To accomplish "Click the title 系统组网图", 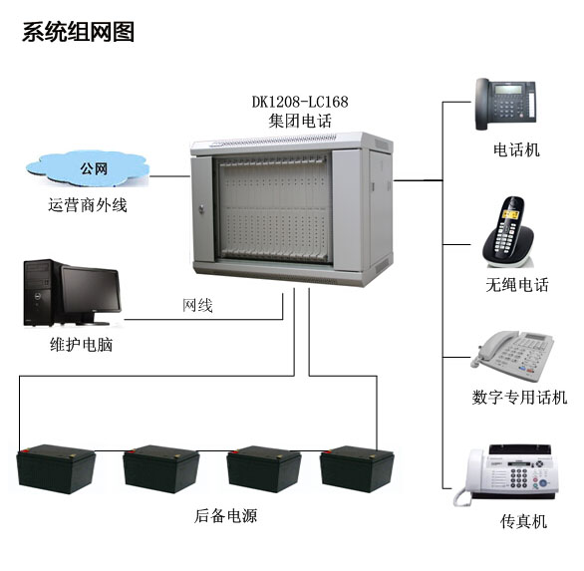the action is coord(78,32).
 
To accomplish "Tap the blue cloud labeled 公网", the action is coord(88,168).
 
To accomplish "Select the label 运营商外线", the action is coord(88,205).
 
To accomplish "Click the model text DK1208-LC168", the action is coord(300,102).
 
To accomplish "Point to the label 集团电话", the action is coord(300,121).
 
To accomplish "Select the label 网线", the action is coord(197,305).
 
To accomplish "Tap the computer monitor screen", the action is coord(91,290).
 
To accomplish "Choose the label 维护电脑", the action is coord(81,345).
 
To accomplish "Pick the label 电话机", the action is coord(516,150).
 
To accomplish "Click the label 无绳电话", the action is coord(517,285).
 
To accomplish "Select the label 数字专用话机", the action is coord(519,397).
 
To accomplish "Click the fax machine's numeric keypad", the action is coord(518,478).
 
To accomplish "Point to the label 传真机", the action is coord(523,521).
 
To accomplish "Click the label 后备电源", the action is coord(225,516).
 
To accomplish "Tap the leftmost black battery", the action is coord(56,469).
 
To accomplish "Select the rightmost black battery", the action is coord(357,469).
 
